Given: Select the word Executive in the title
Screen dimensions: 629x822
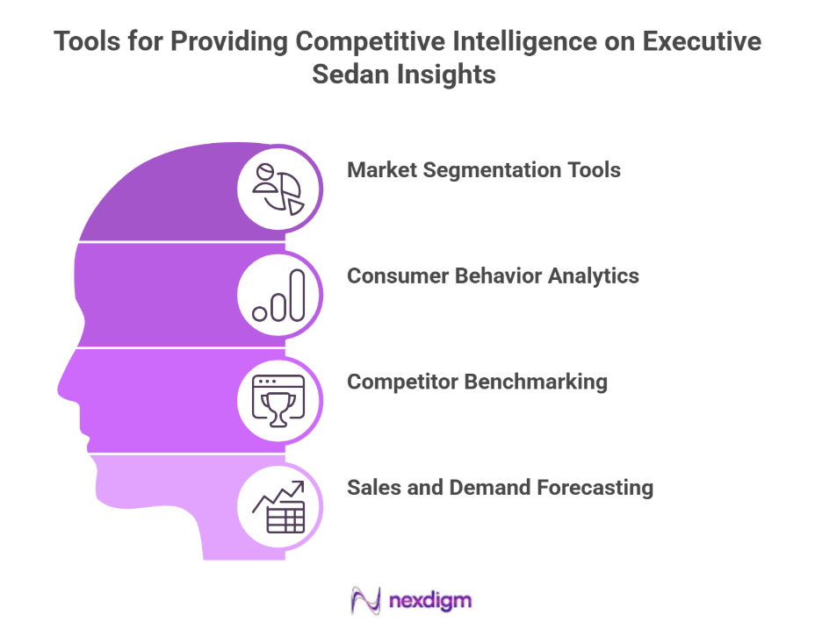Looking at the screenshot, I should point(706,41).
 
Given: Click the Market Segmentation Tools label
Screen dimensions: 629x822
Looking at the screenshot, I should point(484,169).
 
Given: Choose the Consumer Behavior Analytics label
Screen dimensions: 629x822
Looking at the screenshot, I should point(493,275).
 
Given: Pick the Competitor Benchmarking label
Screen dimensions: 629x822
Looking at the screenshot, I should point(477,382).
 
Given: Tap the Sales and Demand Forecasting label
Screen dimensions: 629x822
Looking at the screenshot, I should point(500,488).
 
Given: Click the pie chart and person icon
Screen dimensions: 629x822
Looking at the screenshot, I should point(278,187).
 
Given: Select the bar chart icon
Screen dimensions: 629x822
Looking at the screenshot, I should point(278,295).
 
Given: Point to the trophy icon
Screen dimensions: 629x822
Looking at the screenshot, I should point(278,401).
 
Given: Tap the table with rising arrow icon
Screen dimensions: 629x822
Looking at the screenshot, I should point(278,507).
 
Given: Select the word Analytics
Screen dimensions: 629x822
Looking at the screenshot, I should point(594,275).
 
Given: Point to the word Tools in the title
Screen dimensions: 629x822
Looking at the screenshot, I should point(85,41).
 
